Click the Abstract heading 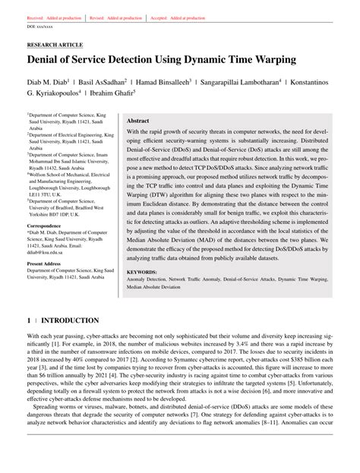[137, 120]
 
